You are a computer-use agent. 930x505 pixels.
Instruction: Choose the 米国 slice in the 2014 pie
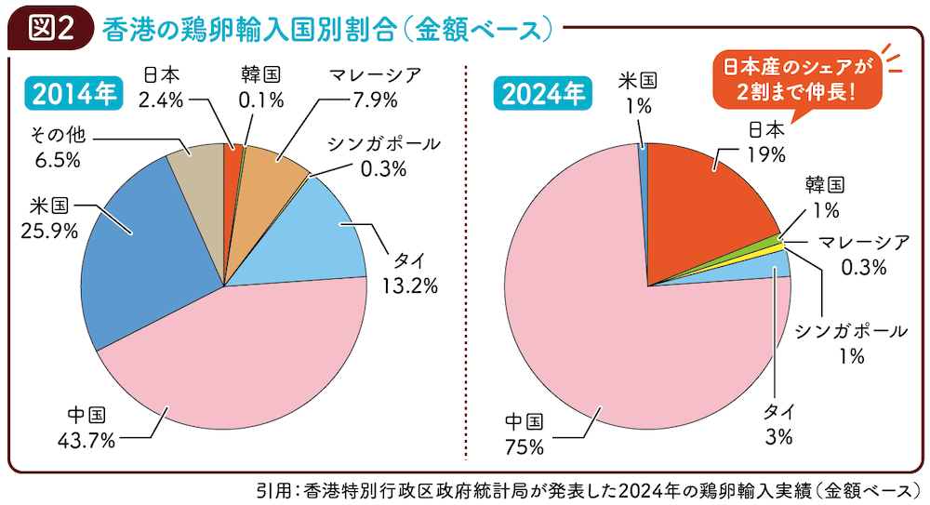tap(139, 260)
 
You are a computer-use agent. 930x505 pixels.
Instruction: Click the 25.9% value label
tap(47, 230)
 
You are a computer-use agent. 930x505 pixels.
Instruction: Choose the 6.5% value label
tap(57, 159)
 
